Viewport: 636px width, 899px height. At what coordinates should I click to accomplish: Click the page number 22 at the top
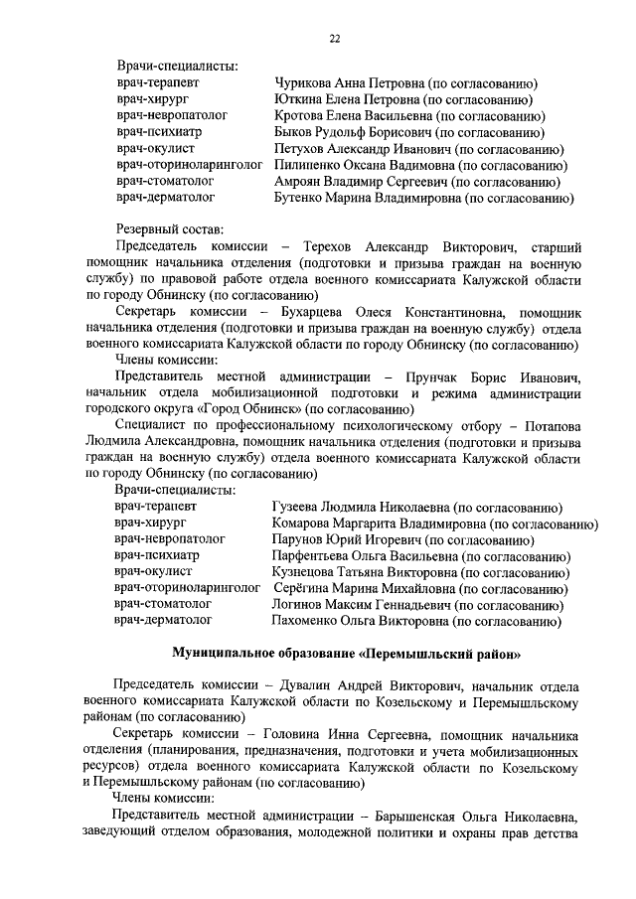(x=335, y=39)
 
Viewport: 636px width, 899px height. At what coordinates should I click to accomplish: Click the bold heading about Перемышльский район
(x=345, y=654)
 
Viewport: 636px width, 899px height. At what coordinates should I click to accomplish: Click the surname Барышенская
(x=423, y=817)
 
